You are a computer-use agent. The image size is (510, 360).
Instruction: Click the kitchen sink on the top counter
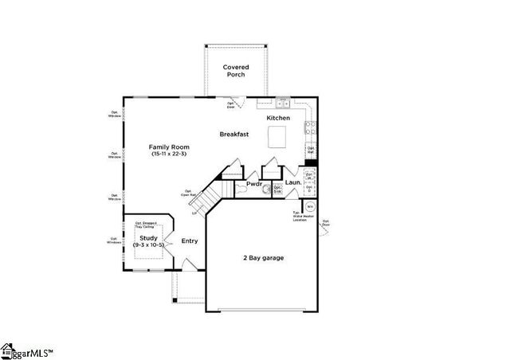282,102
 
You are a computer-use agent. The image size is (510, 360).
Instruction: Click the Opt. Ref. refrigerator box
312,151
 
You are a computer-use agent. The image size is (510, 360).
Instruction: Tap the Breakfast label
234,135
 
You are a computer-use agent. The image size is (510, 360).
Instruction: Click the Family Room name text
169,147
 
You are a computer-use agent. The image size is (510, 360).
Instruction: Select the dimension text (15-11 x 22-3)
169,154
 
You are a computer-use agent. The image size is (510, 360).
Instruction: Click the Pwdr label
254,184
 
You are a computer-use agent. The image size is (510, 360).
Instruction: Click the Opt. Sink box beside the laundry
277,190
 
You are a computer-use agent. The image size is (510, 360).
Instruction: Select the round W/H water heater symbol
310,205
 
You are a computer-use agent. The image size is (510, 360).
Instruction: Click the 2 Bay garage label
263,258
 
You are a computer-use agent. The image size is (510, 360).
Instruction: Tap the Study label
149,237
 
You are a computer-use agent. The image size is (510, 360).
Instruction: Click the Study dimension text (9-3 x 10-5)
149,245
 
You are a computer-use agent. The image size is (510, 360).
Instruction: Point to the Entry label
190,241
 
